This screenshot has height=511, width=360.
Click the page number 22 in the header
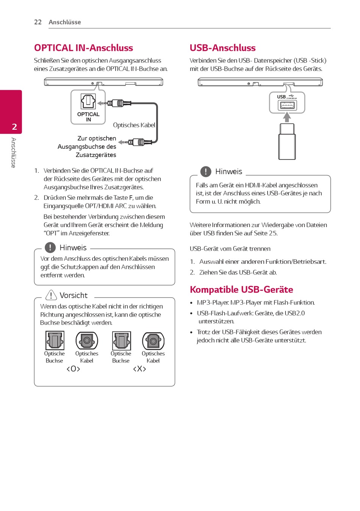38,22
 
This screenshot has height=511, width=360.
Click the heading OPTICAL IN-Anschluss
83,48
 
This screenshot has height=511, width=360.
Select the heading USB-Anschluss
222,48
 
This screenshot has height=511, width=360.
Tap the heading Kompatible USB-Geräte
241,290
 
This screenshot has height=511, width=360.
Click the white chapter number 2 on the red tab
14,127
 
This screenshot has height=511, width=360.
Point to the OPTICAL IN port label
88,117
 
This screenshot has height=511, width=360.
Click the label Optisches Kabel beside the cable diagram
134,125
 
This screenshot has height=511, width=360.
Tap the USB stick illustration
287,141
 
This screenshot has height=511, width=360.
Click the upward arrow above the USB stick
287,117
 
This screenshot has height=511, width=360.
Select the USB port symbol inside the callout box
287,105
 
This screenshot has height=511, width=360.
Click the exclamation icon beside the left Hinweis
50,248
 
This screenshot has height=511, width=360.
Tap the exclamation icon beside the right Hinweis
206,172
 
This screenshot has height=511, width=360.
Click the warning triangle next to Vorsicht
51,295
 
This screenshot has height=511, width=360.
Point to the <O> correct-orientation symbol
73,369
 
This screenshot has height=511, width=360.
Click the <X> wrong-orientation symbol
139,369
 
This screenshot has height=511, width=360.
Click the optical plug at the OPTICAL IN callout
118,103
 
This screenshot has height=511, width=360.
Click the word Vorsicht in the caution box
74,295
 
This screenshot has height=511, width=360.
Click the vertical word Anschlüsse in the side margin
14,152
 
